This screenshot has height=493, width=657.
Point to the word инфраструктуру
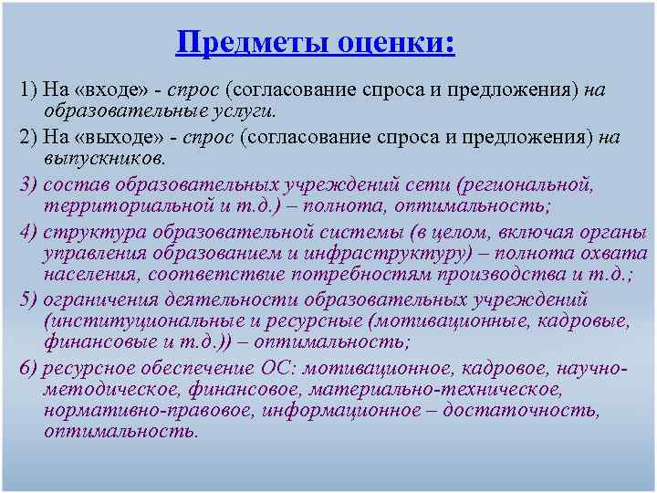click(385, 253)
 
